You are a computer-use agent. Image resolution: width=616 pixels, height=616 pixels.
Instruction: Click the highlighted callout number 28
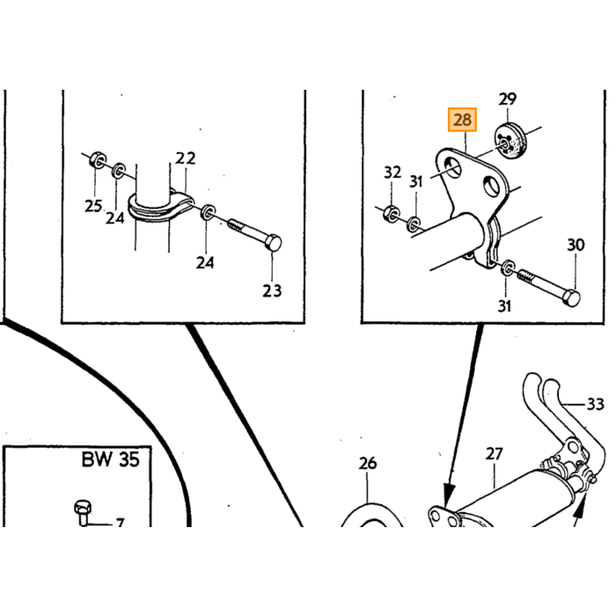(462, 120)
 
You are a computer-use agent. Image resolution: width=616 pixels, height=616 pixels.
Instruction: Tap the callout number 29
(507, 99)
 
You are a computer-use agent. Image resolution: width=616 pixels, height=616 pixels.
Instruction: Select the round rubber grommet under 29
(510, 142)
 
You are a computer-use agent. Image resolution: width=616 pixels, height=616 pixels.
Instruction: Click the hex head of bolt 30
(571, 298)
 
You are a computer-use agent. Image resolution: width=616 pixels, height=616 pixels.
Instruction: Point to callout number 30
(576, 245)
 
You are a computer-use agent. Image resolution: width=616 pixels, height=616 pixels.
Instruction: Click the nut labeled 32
(391, 213)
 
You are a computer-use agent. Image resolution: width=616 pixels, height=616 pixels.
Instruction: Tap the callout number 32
(392, 172)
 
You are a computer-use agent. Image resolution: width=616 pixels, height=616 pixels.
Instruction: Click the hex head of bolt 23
(273, 242)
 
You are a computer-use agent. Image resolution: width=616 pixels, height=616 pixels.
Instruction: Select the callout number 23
(272, 290)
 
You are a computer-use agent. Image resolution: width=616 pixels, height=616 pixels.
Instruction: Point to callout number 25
(93, 205)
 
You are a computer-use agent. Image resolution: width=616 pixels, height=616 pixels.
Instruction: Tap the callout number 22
(185, 158)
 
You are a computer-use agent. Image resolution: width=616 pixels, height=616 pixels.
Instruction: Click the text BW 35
(110, 458)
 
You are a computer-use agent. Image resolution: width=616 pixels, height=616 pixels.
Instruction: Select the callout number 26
(367, 463)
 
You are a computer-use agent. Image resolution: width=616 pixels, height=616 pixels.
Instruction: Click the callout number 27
(494, 454)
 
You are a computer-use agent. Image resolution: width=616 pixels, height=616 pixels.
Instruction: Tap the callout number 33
(596, 403)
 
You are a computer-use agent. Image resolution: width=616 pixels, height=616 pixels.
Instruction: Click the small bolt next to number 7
(83, 513)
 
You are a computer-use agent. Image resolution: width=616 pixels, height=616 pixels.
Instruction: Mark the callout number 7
(120, 523)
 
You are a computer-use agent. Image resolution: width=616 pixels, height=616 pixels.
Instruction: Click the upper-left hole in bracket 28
(452, 166)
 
